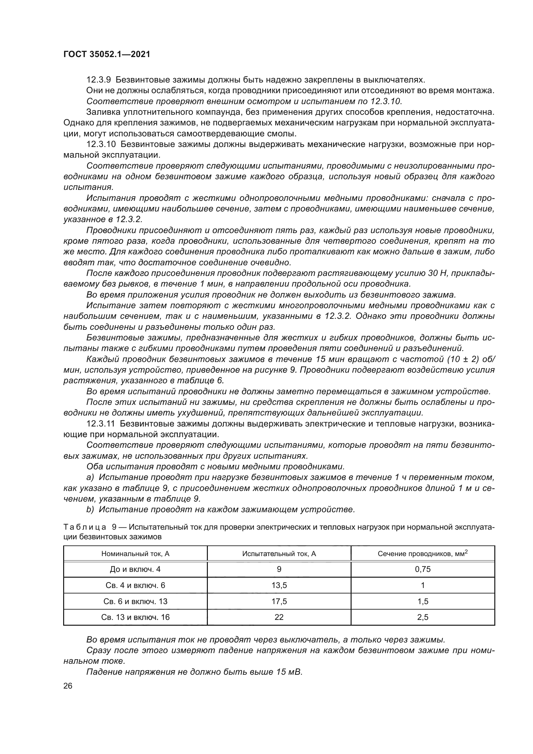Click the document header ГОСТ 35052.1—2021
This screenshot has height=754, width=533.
(107, 54)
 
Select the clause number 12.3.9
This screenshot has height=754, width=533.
(99, 80)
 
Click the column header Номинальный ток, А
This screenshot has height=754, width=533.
(135, 554)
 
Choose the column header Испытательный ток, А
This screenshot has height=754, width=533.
(279, 554)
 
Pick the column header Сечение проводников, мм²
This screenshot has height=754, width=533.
(422, 554)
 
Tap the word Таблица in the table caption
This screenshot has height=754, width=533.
(84, 527)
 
